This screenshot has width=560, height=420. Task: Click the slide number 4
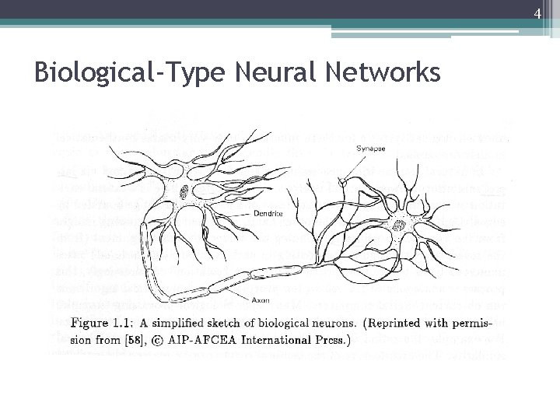(x=537, y=12)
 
